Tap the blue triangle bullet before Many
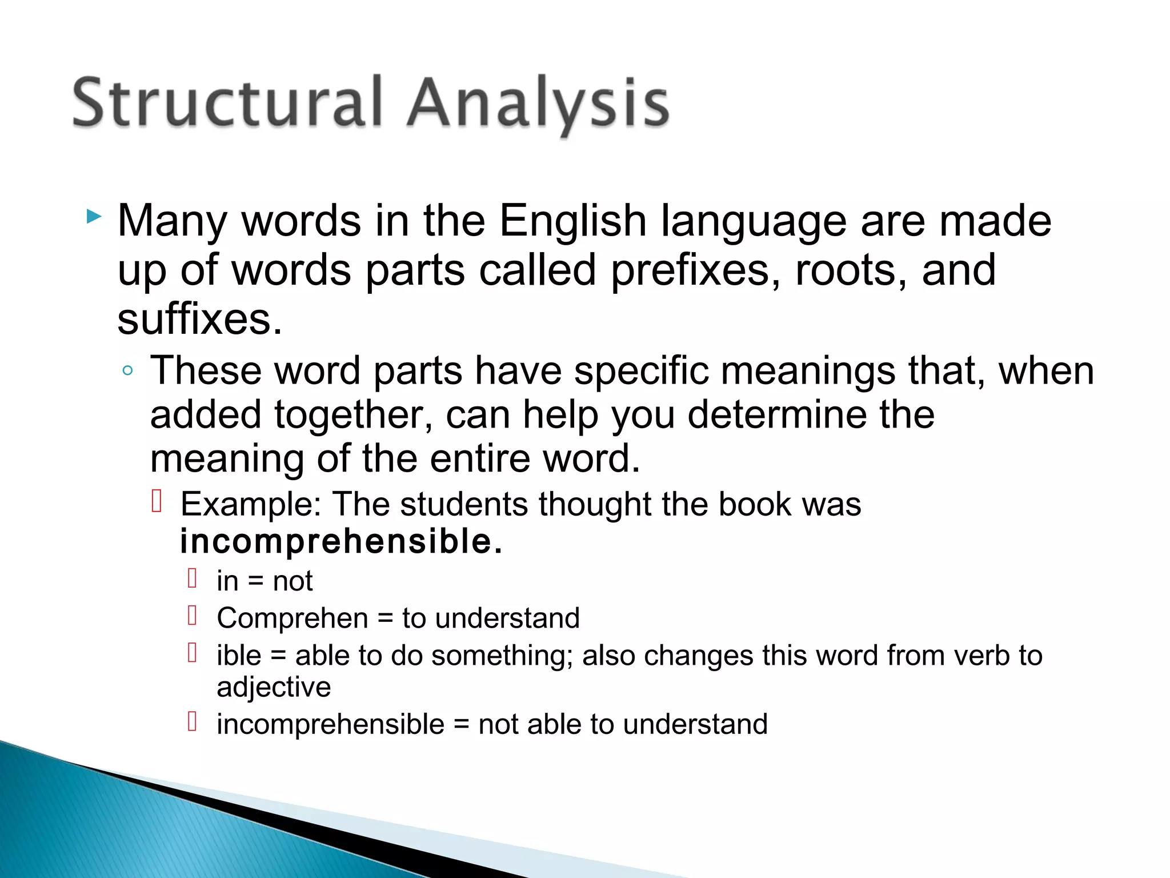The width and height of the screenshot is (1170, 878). coord(94,217)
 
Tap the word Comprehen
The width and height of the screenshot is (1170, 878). coord(292,618)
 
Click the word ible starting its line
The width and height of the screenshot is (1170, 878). coord(239,656)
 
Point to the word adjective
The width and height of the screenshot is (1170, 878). coord(274,687)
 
